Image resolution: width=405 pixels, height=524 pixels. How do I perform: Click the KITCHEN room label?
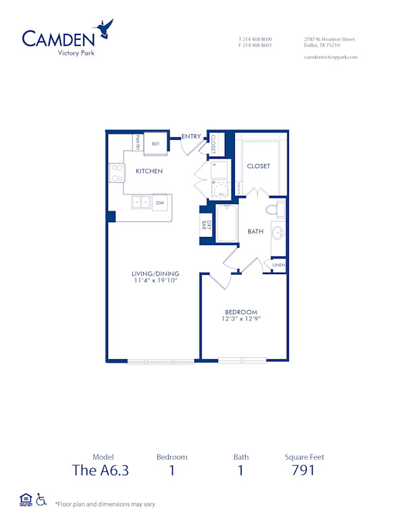[x=149, y=172]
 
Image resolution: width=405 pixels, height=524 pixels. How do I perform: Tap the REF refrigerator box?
[x=155, y=144]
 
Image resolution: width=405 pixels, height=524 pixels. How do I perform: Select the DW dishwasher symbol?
[x=160, y=203]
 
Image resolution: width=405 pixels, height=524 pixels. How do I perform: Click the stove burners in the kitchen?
[x=116, y=174]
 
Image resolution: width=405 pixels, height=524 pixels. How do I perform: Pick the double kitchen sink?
[x=140, y=202]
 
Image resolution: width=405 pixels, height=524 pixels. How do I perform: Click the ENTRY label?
[x=191, y=137]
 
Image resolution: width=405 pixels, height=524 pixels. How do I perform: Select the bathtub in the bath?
[x=226, y=224]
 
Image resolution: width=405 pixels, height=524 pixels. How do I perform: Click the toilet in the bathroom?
[x=277, y=209]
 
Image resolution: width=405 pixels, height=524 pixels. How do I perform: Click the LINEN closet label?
[x=279, y=265]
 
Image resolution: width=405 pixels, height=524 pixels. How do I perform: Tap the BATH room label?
[x=256, y=232]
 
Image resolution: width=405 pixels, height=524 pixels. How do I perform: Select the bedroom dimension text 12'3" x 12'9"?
[x=242, y=318]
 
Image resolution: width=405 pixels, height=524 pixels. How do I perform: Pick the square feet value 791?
[x=304, y=470]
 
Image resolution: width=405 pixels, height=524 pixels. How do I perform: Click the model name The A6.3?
[x=100, y=470]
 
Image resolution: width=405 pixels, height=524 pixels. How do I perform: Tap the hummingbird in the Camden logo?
[x=105, y=29]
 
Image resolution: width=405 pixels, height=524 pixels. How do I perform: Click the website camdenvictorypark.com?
[x=331, y=57]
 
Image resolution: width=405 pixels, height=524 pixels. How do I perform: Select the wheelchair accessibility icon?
[x=40, y=500]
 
